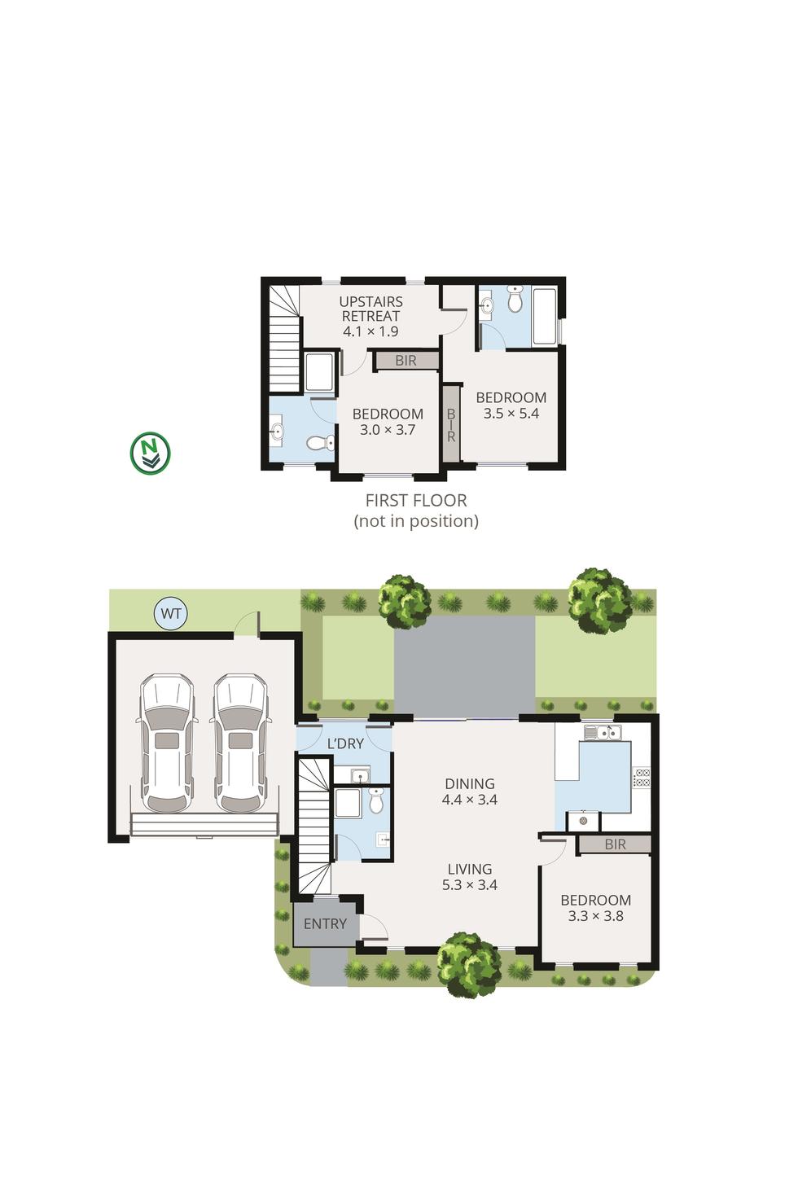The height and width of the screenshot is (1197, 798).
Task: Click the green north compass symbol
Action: point(151,453)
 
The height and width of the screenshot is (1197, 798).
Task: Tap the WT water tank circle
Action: point(171,613)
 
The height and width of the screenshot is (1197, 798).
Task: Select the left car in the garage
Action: point(168,743)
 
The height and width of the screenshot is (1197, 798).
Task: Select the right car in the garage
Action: point(240,743)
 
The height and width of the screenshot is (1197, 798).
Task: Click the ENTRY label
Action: point(325,924)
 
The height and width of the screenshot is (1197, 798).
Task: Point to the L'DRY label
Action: point(345,743)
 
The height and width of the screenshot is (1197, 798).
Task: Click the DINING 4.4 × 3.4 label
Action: point(470,792)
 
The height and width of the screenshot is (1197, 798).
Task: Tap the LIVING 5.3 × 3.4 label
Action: point(470,877)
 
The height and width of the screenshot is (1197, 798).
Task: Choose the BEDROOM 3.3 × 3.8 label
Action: point(595,908)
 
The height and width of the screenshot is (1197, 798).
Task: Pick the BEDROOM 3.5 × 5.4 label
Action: point(511,406)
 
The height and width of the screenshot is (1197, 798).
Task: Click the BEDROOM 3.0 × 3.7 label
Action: point(388,422)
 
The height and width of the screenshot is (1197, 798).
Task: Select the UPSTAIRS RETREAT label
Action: point(370,316)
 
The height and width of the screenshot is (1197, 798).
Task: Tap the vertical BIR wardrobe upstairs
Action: point(450,425)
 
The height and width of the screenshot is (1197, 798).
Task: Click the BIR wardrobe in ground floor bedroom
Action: point(615,845)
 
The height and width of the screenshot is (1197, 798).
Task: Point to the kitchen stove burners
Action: point(642,778)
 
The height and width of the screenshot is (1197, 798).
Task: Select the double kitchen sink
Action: point(603,733)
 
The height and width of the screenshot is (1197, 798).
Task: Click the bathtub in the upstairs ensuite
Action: point(544,316)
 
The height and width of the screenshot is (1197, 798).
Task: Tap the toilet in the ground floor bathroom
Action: point(375,801)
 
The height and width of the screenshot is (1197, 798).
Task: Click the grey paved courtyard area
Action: point(464,666)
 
